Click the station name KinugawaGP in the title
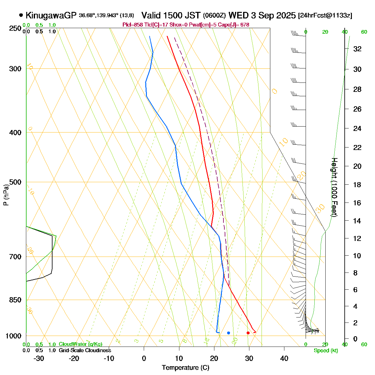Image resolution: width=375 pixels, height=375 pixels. pos(51,15)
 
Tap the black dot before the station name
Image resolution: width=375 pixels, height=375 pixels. pos(21,15)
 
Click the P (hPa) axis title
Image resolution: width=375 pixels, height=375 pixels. pos(6,195)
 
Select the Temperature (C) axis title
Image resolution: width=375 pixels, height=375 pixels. pos(186,367)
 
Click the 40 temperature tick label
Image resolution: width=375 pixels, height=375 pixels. pos(284,358)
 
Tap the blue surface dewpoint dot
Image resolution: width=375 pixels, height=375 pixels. pos(228,333)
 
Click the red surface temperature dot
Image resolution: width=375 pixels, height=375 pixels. pos(248,333)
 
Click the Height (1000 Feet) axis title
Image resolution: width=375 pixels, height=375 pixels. pos(334,187)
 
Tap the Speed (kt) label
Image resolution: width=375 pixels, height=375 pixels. pos(326,351)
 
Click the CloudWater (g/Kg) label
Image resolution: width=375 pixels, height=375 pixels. pos(80,344)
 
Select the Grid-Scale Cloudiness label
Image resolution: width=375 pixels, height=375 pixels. pos(85,351)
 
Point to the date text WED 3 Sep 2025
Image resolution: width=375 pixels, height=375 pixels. pos(262,15)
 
